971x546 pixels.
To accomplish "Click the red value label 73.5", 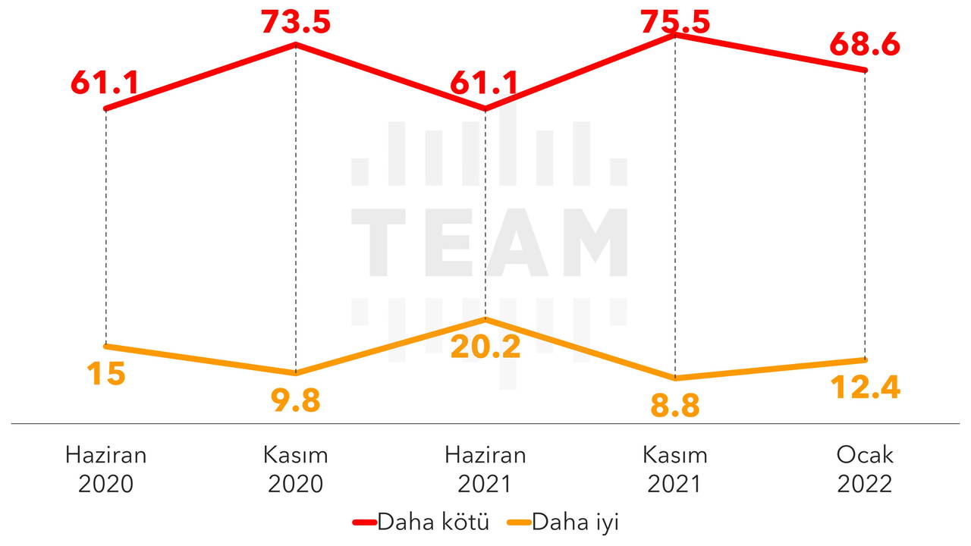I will pyautogui.click(x=296, y=22).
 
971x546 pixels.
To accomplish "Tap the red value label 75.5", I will pyautogui.click(x=675, y=22).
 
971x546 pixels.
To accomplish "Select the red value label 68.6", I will pyautogui.click(x=865, y=45).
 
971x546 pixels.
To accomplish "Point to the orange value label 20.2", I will pyautogui.click(x=485, y=347).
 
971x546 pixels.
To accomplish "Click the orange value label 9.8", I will pyautogui.click(x=296, y=401).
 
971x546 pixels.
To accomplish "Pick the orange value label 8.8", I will pyautogui.click(x=675, y=406).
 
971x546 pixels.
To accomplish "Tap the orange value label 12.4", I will pyautogui.click(x=865, y=388).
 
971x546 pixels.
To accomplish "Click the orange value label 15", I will pyautogui.click(x=105, y=375).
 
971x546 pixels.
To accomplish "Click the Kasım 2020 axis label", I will pyautogui.click(x=296, y=469).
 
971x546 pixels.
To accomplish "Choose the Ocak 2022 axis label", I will pyautogui.click(x=865, y=469).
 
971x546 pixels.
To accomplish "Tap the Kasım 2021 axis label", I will pyautogui.click(x=675, y=469).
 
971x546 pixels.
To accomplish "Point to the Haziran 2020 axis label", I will pyautogui.click(x=105, y=469).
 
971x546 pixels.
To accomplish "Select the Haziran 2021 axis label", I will pyautogui.click(x=485, y=469).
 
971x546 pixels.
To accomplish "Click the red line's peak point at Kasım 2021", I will pyautogui.click(x=675, y=34).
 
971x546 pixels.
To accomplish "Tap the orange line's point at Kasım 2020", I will pyautogui.click(x=296, y=373).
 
